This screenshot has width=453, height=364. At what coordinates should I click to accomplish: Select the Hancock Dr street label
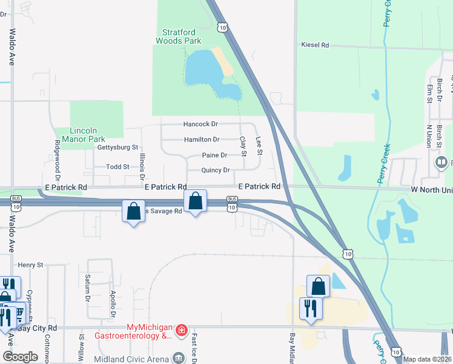(x=200, y=124)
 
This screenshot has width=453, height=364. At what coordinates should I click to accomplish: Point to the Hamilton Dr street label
(x=201, y=140)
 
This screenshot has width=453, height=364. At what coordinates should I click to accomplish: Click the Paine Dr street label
(x=214, y=155)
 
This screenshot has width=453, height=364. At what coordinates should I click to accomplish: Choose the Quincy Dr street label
(x=216, y=170)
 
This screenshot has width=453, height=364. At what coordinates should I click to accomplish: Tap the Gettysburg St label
(x=118, y=147)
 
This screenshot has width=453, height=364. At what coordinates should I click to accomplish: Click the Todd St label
(x=117, y=166)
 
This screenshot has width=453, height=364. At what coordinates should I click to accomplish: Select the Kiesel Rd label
(x=315, y=45)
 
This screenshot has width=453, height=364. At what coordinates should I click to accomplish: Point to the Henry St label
(x=31, y=265)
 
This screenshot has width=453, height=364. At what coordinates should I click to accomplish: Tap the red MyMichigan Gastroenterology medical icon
(x=181, y=330)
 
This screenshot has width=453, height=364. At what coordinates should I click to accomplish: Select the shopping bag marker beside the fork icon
(x=318, y=286)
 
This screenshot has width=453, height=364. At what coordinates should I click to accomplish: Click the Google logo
(x=20, y=357)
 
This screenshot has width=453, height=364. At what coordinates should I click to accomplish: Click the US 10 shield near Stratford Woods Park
(x=223, y=27)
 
